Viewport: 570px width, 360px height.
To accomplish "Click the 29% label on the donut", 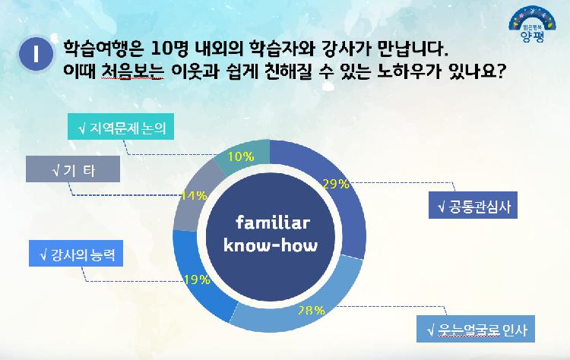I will (x=335, y=183).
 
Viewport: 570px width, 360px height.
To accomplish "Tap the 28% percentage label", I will (x=311, y=310).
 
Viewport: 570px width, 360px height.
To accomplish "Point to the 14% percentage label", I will (x=194, y=195).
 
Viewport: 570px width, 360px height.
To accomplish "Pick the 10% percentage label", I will (x=241, y=156).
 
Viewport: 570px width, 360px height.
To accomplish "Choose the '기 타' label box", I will (x=73, y=169).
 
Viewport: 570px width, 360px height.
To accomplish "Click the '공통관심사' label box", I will (x=472, y=206).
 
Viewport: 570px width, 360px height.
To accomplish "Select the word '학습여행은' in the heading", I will (x=95, y=49).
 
